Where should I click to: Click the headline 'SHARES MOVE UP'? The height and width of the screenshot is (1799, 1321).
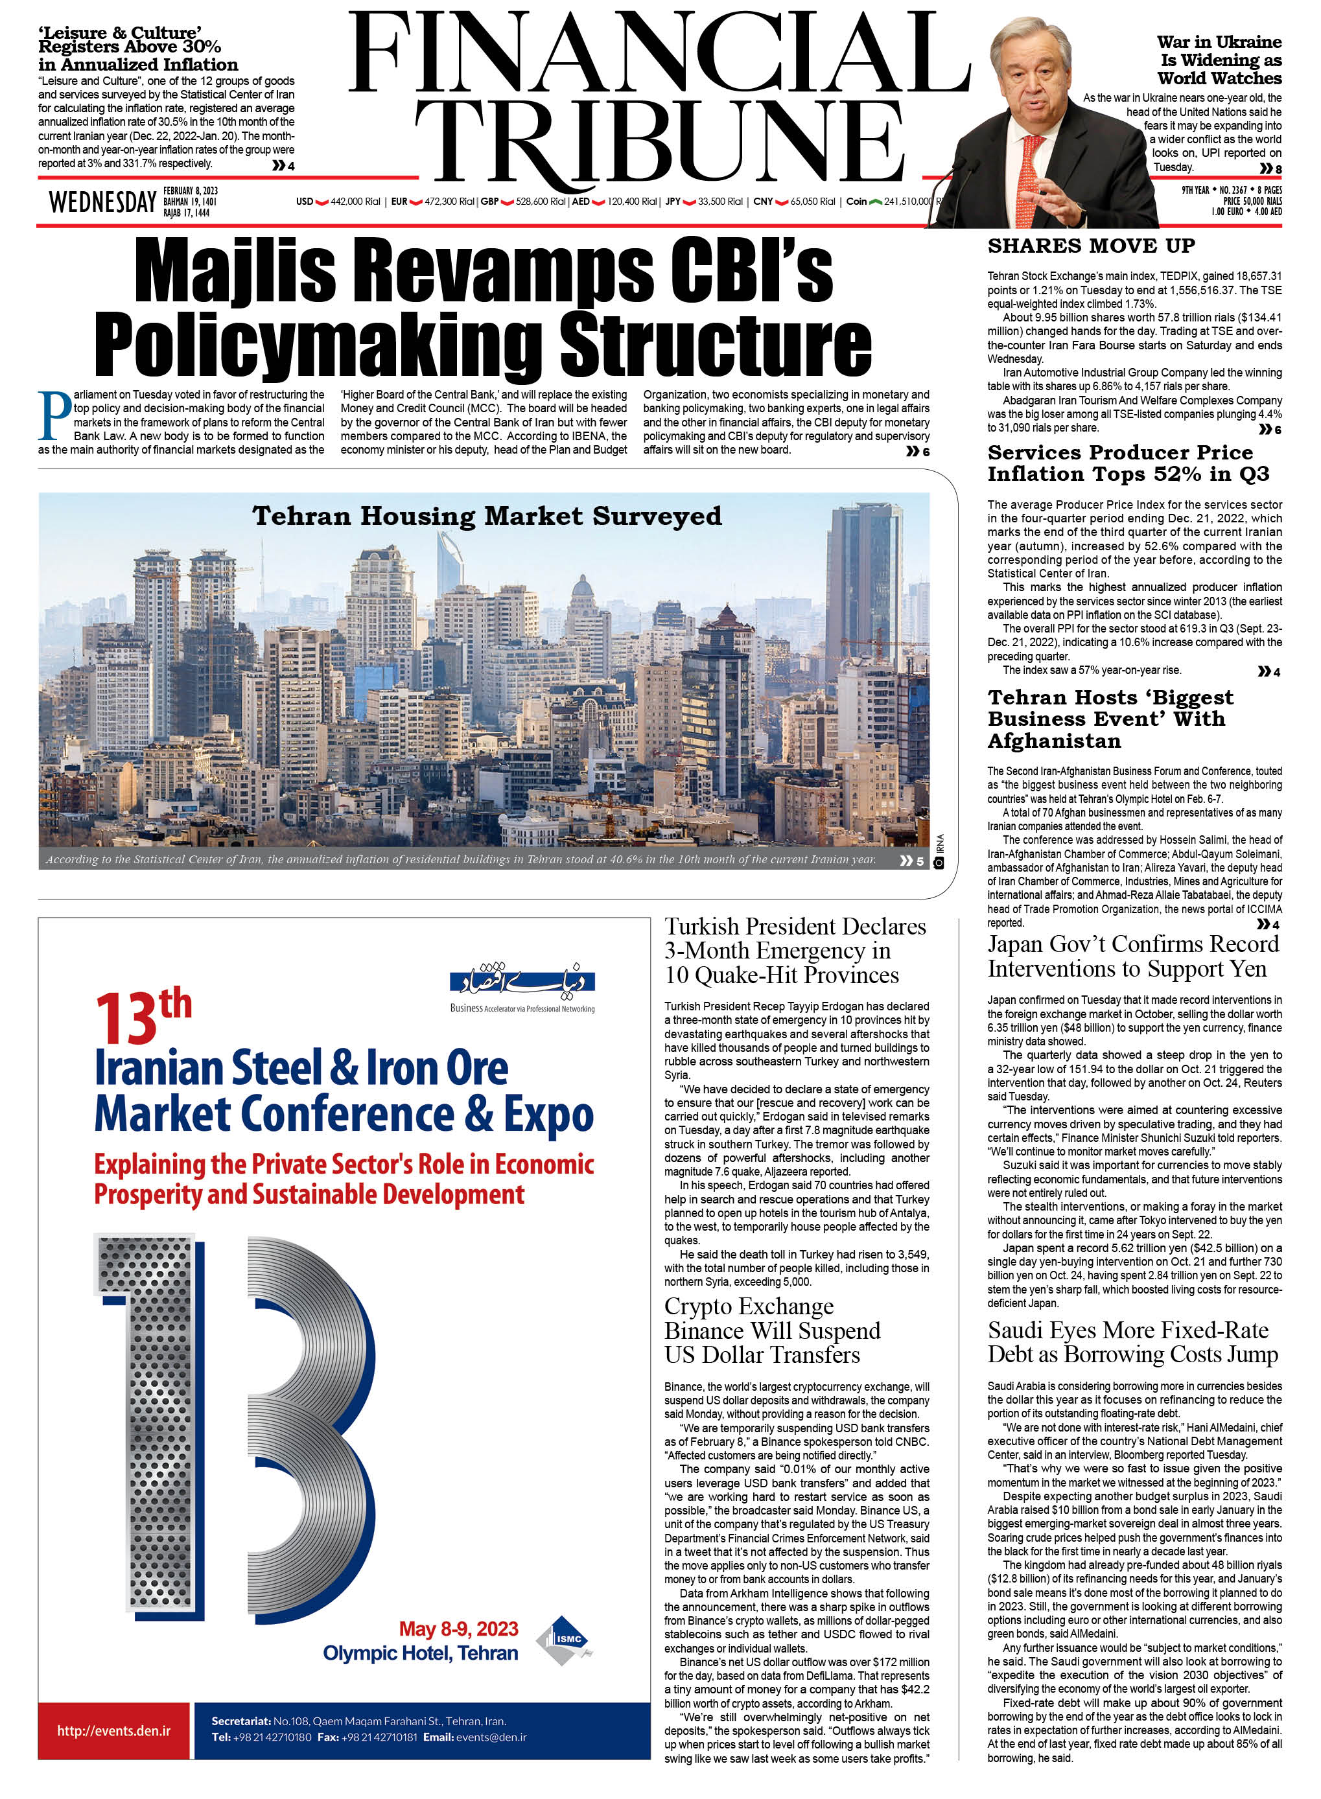[1091, 246]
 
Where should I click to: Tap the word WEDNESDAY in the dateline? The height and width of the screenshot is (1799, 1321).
[102, 202]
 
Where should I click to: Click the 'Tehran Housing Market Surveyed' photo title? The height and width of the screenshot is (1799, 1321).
[486, 516]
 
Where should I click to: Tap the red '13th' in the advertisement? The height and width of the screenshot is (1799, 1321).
[143, 1016]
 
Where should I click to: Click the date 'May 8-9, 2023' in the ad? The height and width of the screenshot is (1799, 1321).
[458, 1629]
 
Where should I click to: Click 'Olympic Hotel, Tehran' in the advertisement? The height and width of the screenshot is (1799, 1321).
[420, 1653]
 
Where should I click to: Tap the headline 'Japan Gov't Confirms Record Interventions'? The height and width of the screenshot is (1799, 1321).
[1132, 957]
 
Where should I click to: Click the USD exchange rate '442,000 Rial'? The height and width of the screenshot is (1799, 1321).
[355, 202]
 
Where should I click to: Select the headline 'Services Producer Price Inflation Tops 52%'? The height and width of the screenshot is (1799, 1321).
[1127, 463]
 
